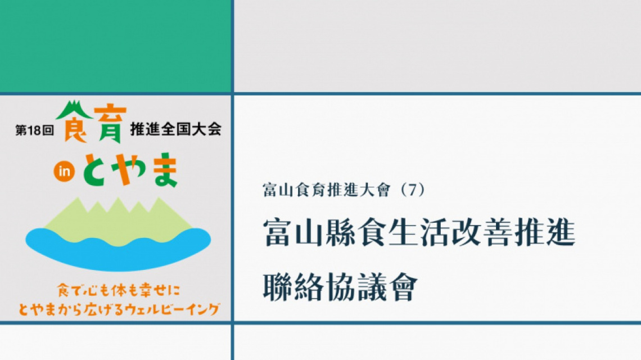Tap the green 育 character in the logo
(x=110, y=125)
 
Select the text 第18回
(x=35, y=130)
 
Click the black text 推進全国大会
(x=176, y=129)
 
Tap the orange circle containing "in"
(x=64, y=172)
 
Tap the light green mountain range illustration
(x=119, y=221)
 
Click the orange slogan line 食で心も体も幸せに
(x=119, y=290)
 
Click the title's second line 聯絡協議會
(x=340, y=287)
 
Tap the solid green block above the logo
(x=115, y=46)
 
